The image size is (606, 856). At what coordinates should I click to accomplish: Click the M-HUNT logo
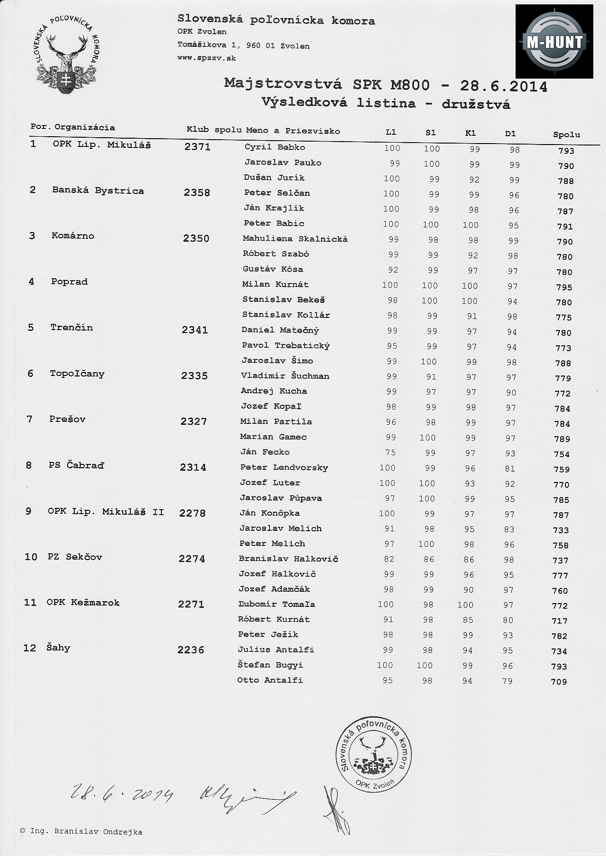(x=554, y=42)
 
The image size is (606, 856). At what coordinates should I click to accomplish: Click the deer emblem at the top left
(x=67, y=55)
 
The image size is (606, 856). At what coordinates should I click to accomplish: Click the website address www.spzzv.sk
(x=207, y=58)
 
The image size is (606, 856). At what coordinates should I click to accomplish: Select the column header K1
(x=471, y=133)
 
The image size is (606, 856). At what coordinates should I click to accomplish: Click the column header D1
(x=510, y=133)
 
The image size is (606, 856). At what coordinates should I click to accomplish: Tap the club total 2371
(x=197, y=146)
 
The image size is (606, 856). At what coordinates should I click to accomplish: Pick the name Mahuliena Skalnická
(x=295, y=239)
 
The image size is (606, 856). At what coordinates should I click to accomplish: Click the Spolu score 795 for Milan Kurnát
(x=564, y=287)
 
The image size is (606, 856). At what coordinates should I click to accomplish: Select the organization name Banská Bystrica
(x=98, y=190)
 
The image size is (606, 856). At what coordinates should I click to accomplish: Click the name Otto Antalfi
(x=270, y=680)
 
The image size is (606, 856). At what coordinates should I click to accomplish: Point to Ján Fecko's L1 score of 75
(x=390, y=452)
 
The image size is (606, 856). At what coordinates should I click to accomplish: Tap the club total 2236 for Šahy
(x=191, y=650)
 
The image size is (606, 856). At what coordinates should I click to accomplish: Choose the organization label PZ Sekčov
(x=75, y=557)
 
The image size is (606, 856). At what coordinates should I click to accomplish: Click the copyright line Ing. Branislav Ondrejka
(x=81, y=832)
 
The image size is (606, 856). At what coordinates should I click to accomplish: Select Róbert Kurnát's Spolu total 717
(x=560, y=621)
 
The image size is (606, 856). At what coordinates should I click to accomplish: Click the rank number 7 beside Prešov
(x=29, y=419)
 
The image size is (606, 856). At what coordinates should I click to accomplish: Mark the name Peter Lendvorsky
(x=284, y=467)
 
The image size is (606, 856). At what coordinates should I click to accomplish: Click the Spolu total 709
(x=559, y=682)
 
